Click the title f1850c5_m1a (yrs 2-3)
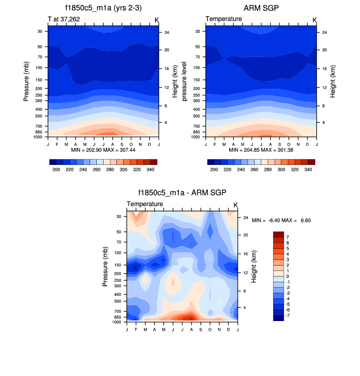click(103, 8)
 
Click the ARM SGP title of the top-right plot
click(261, 8)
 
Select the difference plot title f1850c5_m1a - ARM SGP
click(182, 193)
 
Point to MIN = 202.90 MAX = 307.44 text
click(103, 149)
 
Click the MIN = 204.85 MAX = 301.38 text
click(261, 149)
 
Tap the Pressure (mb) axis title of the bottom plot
click(106, 267)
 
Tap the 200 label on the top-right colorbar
click(214, 169)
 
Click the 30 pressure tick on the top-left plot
click(40, 31)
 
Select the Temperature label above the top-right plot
click(223, 19)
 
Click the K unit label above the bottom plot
click(235, 205)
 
